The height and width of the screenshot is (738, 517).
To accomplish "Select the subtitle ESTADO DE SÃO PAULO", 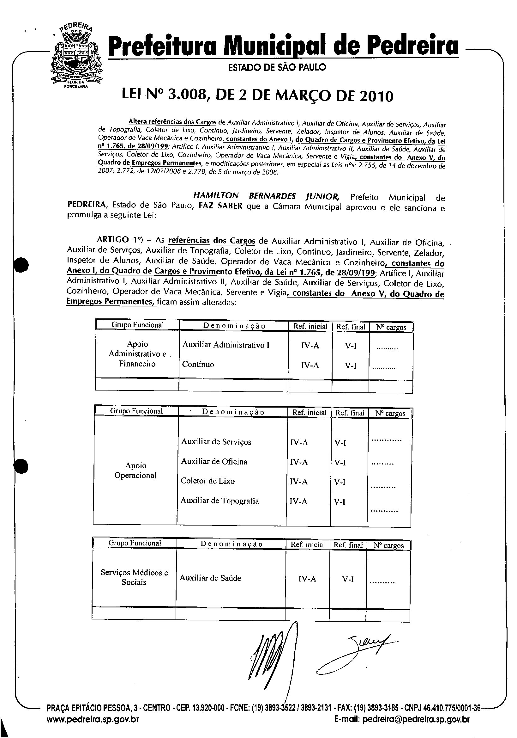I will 277,67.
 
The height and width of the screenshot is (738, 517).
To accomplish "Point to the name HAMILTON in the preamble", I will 216,196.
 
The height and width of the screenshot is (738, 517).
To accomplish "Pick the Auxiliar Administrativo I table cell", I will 226,345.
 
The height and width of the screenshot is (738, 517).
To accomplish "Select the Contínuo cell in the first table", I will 198,364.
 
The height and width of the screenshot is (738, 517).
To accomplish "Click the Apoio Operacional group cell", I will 135,470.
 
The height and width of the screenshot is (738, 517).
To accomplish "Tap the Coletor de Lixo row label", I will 207,481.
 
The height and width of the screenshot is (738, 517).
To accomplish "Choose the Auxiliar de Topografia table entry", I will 219,501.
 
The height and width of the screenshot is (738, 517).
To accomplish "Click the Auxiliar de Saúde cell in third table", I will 210,578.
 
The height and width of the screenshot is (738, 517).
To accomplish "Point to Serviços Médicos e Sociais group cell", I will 134,577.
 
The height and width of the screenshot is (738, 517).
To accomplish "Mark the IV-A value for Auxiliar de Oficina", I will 299,462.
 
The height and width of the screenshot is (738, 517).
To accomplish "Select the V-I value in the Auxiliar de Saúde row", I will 348,579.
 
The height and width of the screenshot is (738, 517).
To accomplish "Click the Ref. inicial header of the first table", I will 310,327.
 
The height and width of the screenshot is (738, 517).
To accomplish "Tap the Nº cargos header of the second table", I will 390,413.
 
